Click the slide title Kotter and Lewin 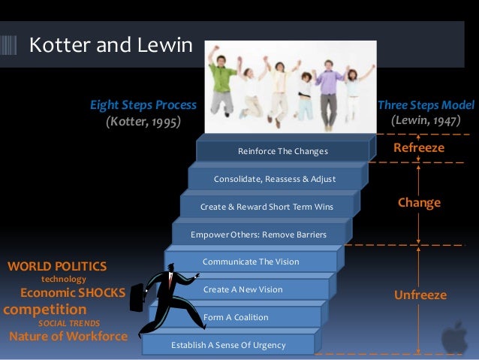pyautogui.click(x=110, y=46)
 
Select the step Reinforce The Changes pyautogui.click(x=282, y=152)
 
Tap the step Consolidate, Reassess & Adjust pyautogui.click(x=274, y=179)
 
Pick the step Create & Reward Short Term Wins pyautogui.click(x=266, y=207)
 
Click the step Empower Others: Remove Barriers pyautogui.click(x=258, y=234)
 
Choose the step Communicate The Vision pyautogui.click(x=251, y=262)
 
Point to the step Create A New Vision pyautogui.click(x=243, y=289)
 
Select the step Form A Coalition pyautogui.click(x=235, y=317)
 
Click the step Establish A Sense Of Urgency pyautogui.click(x=228, y=345)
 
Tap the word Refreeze pyautogui.click(x=419, y=149)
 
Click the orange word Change pyautogui.click(x=419, y=203)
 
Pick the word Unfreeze pyautogui.click(x=420, y=295)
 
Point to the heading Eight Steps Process pyautogui.click(x=143, y=105)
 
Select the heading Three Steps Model pyautogui.click(x=426, y=105)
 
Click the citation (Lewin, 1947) pyautogui.click(x=426, y=120)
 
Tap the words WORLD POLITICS pyautogui.click(x=57, y=266)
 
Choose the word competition pyautogui.click(x=45, y=309)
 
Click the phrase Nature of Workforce pyautogui.click(x=68, y=335)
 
